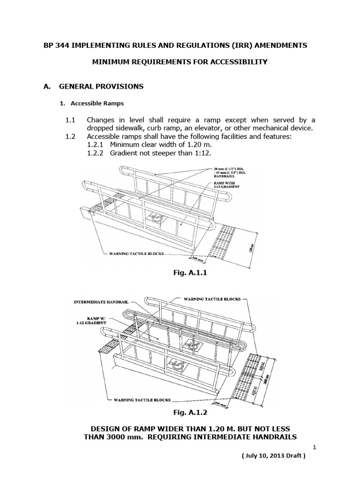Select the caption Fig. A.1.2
pos(180,413)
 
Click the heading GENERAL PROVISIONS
pos(101,87)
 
